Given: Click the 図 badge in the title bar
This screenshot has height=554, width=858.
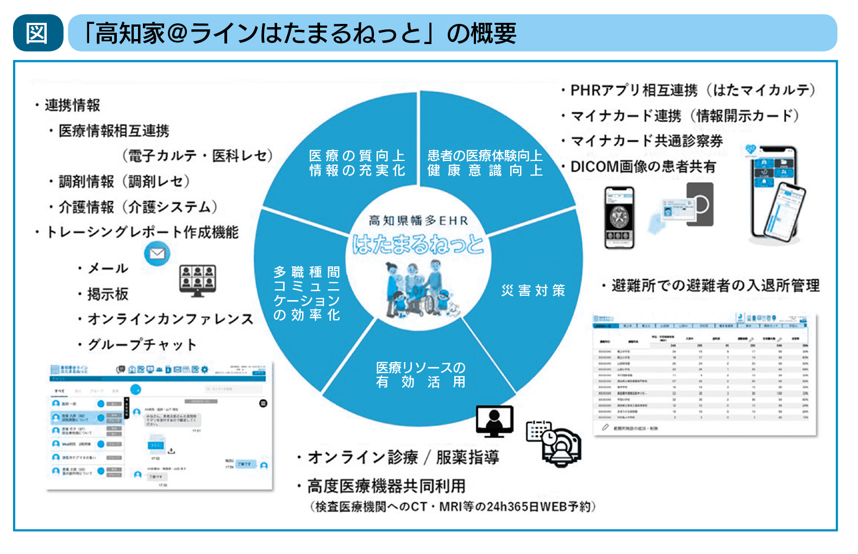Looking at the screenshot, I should (37, 33).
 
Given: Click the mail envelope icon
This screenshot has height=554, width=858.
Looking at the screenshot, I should (157, 254).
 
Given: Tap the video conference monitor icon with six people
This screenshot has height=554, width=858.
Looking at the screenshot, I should (197, 280).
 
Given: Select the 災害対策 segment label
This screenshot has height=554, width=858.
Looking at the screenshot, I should (533, 291).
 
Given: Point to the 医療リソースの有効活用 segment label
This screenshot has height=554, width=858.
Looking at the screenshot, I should (421, 375).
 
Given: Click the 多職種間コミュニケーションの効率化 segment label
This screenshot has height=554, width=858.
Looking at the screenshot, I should (306, 293).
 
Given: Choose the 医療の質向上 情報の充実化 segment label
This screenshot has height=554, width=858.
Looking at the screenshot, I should (357, 163).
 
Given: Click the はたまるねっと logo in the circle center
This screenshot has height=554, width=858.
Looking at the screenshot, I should (417, 244).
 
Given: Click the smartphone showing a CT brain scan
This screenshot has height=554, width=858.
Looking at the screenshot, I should (619, 217).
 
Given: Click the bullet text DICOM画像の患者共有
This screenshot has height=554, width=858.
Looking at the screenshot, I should (643, 166).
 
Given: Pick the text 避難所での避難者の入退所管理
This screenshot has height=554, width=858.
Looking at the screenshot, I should (715, 285).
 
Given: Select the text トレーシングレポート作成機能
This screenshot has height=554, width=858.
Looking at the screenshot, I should (142, 232).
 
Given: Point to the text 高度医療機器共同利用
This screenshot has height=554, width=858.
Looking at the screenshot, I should (386, 485).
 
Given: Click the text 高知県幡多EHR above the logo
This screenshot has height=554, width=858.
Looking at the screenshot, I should (417, 220).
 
